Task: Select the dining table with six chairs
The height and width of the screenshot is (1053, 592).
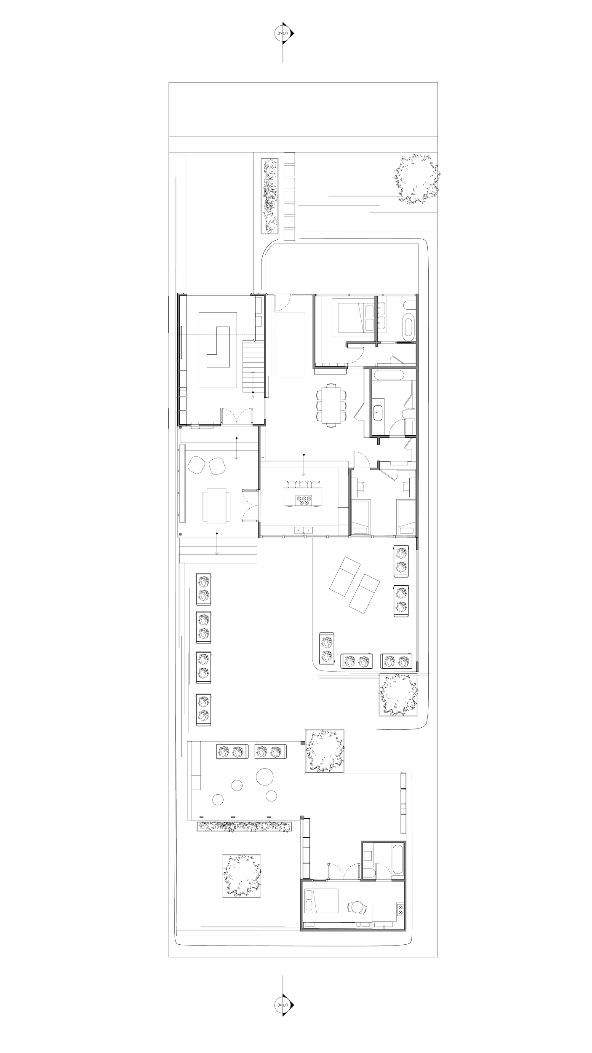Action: pos(332,405)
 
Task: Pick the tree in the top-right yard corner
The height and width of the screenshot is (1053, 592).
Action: pos(417,180)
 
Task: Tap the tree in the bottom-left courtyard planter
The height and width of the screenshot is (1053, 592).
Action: pos(242,876)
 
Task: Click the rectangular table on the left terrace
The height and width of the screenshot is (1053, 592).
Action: pos(216,505)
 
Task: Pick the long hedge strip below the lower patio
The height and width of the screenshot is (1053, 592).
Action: pos(245,826)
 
